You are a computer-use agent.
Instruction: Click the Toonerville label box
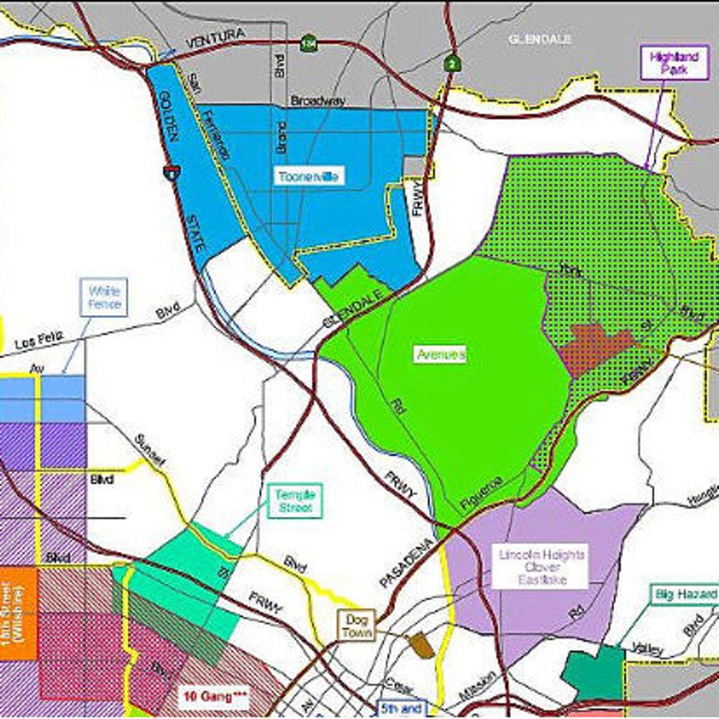click(x=309, y=176)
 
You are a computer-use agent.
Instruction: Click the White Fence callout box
click(x=104, y=297)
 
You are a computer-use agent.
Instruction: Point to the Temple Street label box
click(x=295, y=502)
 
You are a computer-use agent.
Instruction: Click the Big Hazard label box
click(x=685, y=594)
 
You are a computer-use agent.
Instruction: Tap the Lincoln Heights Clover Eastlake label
click(x=542, y=567)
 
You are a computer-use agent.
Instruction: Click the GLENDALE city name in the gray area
click(x=540, y=40)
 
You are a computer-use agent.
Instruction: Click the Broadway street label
click(x=318, y=101)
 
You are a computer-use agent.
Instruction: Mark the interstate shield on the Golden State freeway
click(x=170, y=173)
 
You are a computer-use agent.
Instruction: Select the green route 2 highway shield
click(x=451, y=62)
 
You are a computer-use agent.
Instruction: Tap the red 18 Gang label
click(x=213, y=697)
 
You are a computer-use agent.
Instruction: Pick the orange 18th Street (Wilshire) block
click(x=19, y=614)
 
